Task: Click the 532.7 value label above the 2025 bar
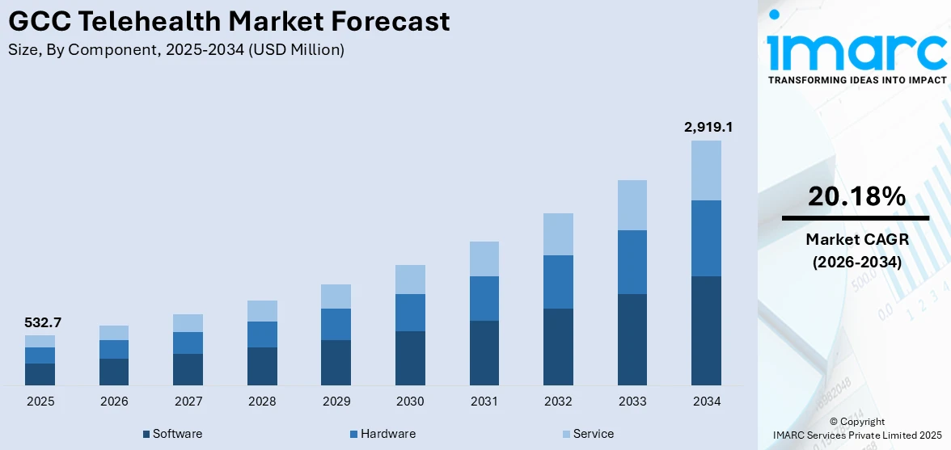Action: click(x=44, y=322)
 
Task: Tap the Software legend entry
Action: click(x=172, y=434)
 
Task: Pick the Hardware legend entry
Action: click(x=382, y=434)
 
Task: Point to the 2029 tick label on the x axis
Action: click(x=336, y=401)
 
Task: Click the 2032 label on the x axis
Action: click(x=558, y=401)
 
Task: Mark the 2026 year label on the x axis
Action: click(x=114, y=401)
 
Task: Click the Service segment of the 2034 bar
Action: click(x=706, y=170)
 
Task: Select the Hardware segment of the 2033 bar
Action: click(x=632, y=262)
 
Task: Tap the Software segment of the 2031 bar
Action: click(x=484, y=353)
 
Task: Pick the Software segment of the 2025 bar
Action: click(x=40, y=374)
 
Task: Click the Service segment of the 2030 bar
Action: click(x=410, y=280)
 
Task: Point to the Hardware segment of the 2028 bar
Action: click(x=262, y=334)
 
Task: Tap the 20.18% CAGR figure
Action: click(x=856, y=196)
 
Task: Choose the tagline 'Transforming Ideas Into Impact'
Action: click(x=856, y=80)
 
